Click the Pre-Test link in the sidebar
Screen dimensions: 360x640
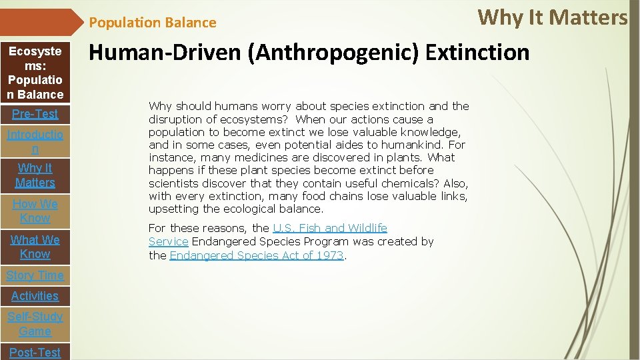click(35, 114)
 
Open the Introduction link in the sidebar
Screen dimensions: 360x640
click(35, 141)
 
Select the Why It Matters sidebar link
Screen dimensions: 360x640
click(35, 175)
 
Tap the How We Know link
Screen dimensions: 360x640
click(35, 211)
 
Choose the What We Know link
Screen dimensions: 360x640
click(35, 247)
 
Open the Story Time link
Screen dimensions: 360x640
click(35, 275)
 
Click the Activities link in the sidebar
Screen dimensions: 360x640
click(35, 296)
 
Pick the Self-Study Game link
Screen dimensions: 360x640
click(35, 324)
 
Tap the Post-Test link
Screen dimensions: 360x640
click(35, 352)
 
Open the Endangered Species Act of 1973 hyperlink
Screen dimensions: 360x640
click(257, 255)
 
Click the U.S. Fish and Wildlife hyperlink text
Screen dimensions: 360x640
click(329, 229)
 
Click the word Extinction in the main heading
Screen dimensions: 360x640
click(477, 52)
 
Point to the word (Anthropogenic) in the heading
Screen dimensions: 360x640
click(333, 52)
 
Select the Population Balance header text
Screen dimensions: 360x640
click(153, 23)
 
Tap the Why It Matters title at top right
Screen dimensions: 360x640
click(553, 17)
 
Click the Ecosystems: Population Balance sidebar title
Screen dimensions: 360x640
click(35, 73)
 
